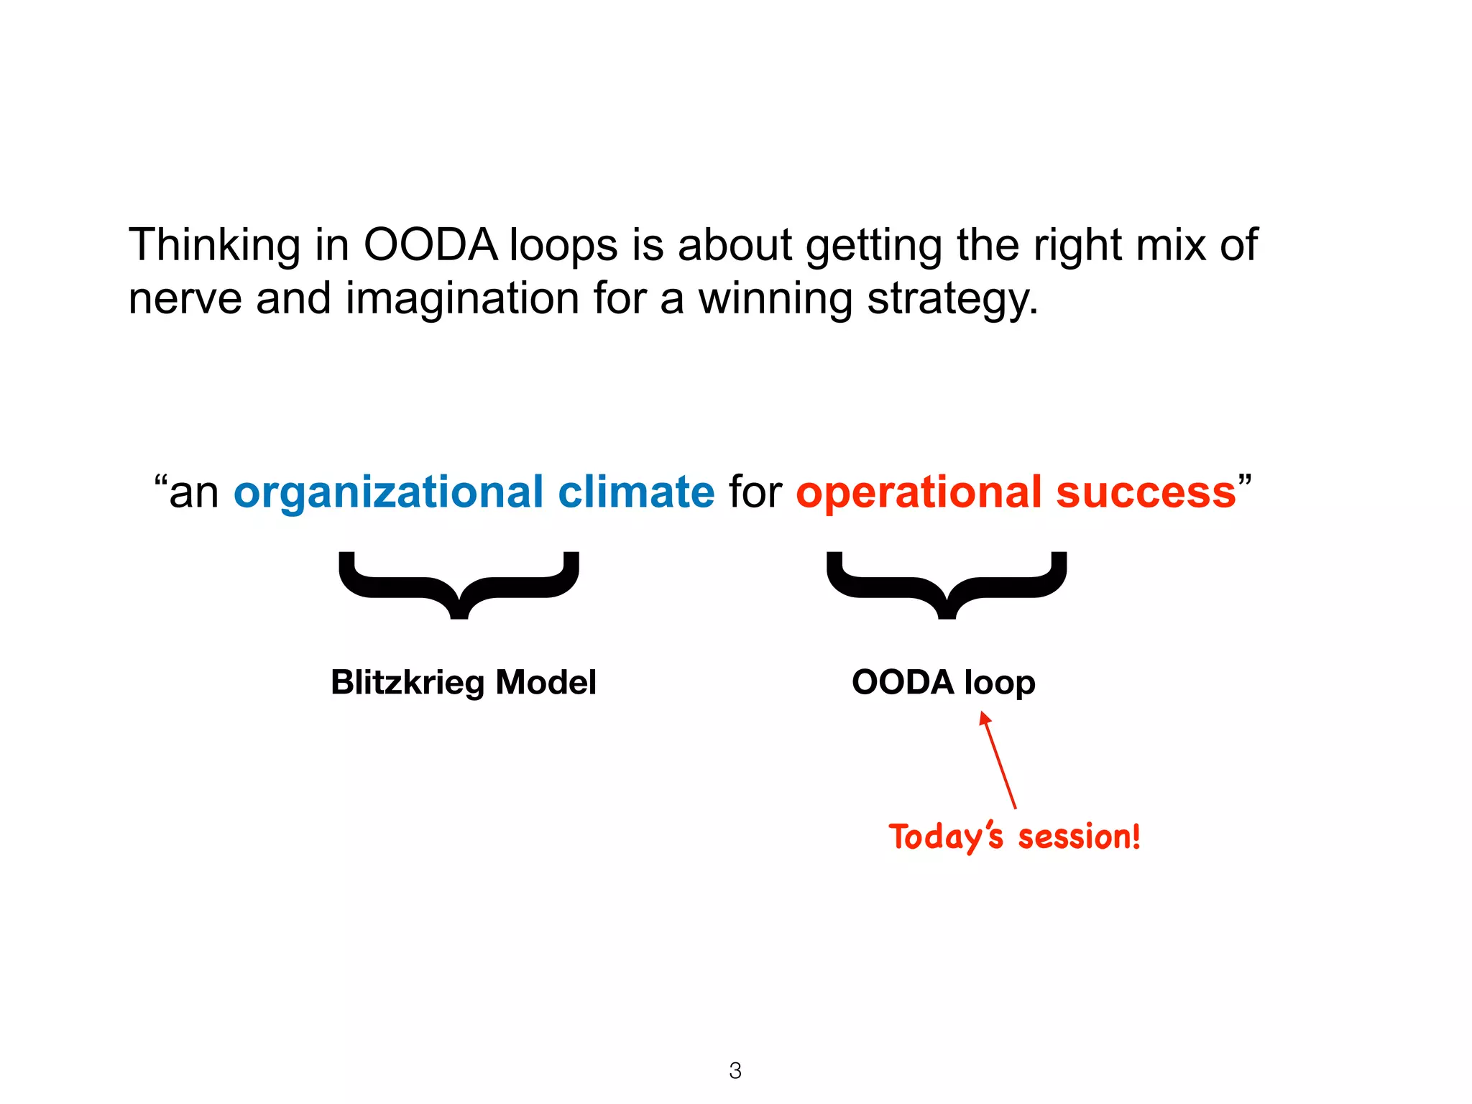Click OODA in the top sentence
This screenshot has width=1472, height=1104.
[x=430, y=245]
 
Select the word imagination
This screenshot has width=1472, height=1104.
[x=461, y=299]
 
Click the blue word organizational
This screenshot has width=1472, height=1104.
[x=388, y=494]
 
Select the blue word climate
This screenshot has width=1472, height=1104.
[x=636, y=492]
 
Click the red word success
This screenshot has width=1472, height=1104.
[x=1146, y=492]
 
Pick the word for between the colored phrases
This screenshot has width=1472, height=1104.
[x=755, y=492]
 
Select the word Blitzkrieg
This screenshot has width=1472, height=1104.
[x=407, y=682]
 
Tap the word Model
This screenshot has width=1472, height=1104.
[x=546, y=682]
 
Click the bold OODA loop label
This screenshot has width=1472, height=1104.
[x=943, y=682]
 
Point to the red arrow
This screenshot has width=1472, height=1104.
[x=998, y=760]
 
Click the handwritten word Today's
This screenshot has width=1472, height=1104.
[x=945, y=837]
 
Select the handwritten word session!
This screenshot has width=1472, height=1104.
[x=1080, y=837]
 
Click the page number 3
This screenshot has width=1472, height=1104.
[x=735, y=1071]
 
